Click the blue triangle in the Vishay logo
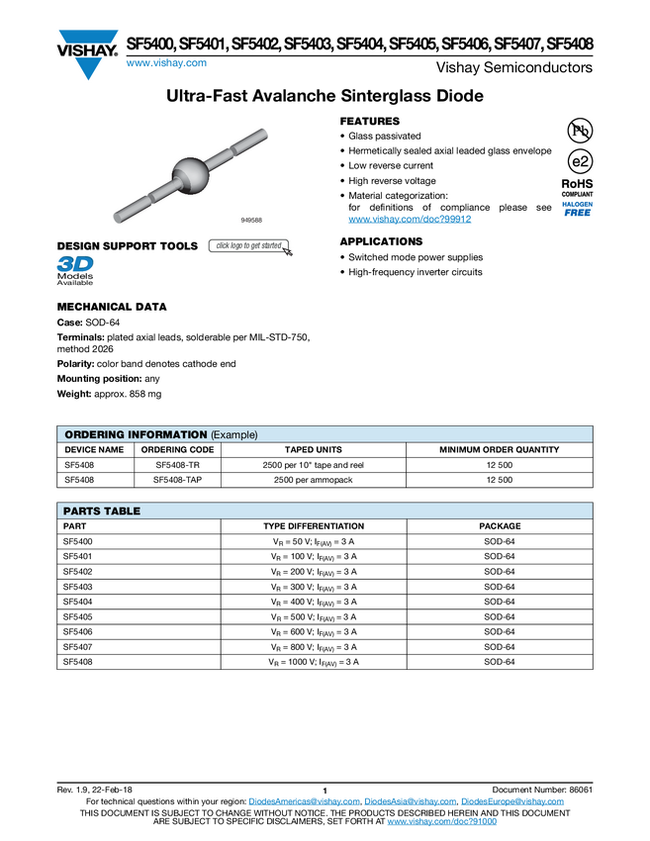(88, 67)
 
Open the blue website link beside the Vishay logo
(165, 64)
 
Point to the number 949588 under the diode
(251, 219)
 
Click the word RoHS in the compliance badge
(578, 183)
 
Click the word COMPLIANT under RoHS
(578, 194)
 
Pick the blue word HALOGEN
(578, 203)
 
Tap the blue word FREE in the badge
(578, 213)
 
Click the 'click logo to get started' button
(250, 246)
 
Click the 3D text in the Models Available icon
(74, 264)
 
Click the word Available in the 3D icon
(75, 283)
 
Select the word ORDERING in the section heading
(93, 434)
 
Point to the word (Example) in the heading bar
(234, 434)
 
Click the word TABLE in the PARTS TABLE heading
(122, 512)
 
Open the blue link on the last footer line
(441, 822)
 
